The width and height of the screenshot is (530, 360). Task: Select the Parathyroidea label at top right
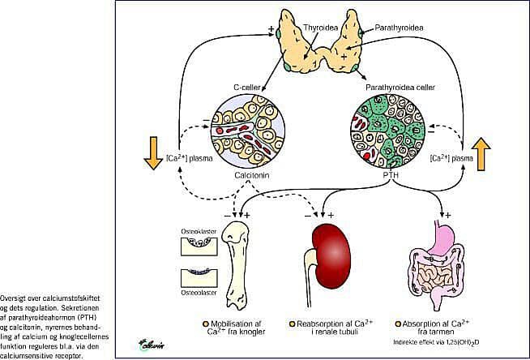pos(399,28)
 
